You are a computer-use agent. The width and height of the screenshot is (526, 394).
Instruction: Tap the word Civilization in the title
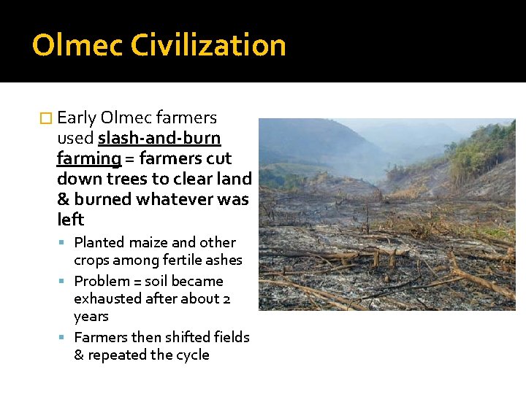click(208, 45)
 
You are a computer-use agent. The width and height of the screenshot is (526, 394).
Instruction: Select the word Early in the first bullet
click(77, 117)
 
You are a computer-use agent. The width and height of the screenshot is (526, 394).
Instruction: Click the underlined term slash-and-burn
click(159, 138)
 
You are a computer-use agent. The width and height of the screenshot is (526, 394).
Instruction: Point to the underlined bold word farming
click(88, 158)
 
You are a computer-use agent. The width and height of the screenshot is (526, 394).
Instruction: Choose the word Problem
click(102, 281)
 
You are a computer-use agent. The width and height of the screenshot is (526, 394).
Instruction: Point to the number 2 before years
click(226, 298)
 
